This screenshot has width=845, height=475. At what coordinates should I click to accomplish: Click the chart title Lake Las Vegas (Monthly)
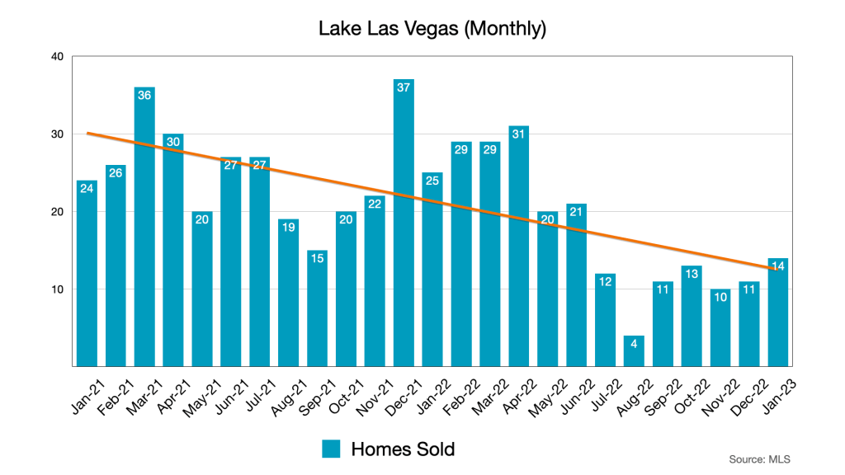point(432,29)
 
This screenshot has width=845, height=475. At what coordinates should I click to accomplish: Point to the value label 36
point(144,96)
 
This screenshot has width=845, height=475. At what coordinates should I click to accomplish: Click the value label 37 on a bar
point(404,88)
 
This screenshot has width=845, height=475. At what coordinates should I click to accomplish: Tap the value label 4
point(634,344)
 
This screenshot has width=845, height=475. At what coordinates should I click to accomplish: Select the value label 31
point(518,134)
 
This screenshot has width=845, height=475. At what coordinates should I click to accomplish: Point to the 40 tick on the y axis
point(56,56)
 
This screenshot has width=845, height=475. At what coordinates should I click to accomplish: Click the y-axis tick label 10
point(56,289)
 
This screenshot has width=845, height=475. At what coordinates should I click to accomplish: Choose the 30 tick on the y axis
point(56,134)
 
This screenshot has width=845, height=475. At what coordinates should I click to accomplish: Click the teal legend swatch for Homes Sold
point(332,449)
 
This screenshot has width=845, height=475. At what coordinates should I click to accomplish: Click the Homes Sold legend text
point(403,449)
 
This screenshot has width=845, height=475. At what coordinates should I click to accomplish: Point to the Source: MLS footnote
point(758,459)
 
